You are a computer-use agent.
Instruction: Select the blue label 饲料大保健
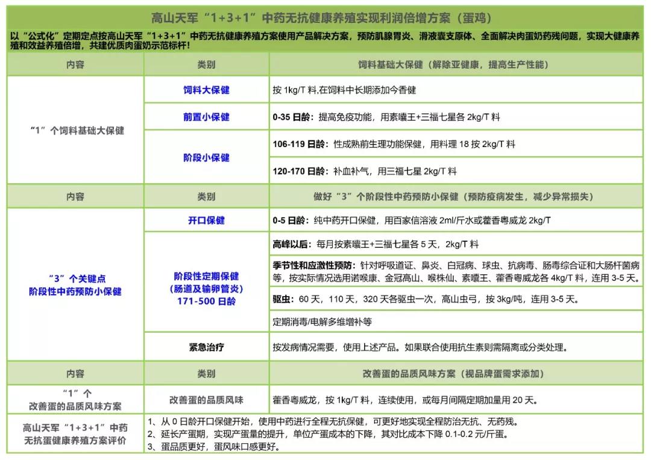click(x=206, y=90)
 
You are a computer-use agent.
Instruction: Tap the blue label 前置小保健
click(x=206, y=117)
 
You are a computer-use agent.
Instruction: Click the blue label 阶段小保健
click(x=206, y=157)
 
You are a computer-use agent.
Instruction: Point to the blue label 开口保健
click(x=206, y=220)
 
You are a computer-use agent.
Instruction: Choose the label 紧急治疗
click(x=206, y=347)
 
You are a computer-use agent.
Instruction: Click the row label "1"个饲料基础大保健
click(x=77, y=130)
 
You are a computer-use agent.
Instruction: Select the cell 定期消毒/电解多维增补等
click(x=322, y=321)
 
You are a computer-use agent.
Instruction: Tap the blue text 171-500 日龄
click(x=206, y=301)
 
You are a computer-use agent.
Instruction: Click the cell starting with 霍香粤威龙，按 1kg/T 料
click(x=404, y=400)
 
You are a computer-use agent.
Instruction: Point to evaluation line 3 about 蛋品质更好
click(x=214, y=447)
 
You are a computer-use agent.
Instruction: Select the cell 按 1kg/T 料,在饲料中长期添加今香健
click(x=344, y=90)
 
